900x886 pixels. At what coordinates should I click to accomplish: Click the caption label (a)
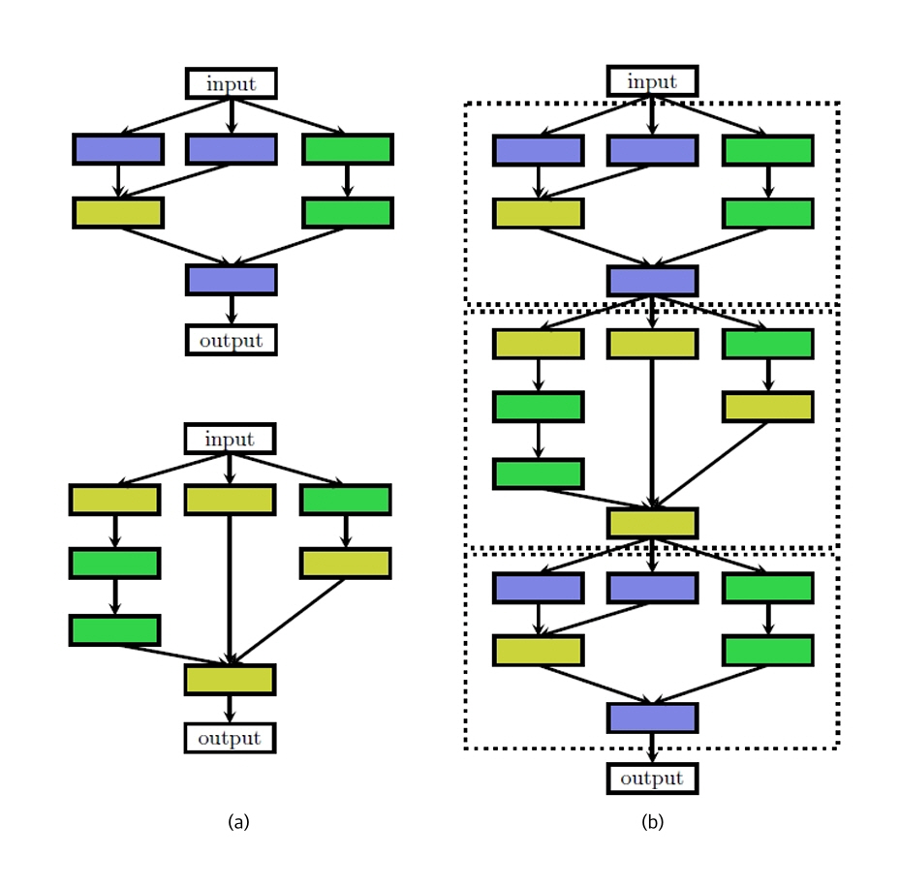point(238,822)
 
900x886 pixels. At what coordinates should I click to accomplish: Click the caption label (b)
point(652,822)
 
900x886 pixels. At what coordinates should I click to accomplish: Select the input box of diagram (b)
point(652,81)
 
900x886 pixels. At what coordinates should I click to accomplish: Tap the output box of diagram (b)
point(652,779)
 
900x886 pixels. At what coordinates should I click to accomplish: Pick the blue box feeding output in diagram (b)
point(652,718)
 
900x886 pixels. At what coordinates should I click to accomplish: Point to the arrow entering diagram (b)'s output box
point(652,748)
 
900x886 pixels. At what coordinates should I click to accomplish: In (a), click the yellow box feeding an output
point(230,680)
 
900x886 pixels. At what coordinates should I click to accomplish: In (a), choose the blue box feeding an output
point(231,280)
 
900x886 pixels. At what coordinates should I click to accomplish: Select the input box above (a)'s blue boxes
point(231,83)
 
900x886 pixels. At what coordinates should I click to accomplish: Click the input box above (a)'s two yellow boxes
point(230,439)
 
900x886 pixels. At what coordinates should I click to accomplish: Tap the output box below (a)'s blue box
point(231,340)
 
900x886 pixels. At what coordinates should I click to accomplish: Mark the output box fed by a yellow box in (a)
point(230,739)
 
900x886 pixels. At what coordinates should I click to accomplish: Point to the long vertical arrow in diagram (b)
point(652,431)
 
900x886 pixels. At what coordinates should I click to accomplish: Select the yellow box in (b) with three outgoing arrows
point(652,523)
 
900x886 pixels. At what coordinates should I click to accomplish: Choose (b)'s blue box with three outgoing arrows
point(652,281)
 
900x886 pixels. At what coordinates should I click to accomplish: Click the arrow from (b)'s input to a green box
point(712,115)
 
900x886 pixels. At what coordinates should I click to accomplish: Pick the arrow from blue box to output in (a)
point(231,309)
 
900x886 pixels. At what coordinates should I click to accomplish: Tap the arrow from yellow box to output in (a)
point(230,709)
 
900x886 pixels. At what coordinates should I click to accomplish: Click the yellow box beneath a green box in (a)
point(346,563)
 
